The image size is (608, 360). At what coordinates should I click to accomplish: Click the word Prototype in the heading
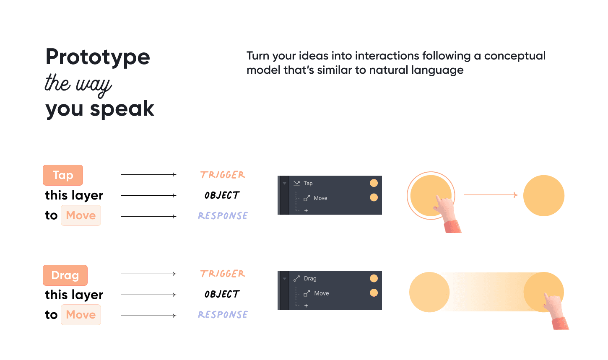(98, 57)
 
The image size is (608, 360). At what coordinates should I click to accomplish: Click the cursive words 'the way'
(78, 84)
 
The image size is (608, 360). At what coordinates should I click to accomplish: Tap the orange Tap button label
(63, 175)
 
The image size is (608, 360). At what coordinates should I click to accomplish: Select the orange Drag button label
(65, 275)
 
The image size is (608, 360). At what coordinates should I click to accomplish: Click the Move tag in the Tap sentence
(81, 215)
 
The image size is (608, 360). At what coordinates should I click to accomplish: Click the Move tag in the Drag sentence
(81, 315)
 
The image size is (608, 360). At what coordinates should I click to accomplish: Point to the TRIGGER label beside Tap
(222, 175)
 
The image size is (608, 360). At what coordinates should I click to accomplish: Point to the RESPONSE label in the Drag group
(223, 315)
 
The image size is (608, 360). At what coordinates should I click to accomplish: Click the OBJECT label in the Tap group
(222, 195)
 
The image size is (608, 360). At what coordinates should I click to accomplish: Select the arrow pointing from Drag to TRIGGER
(148, 274)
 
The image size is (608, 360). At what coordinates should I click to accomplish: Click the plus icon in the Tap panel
(306, 210)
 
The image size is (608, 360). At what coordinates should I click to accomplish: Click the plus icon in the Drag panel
(306, 306)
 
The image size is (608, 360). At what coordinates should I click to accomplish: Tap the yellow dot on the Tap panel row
(374, 183)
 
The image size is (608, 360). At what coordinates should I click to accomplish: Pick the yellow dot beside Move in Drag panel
(374, 293)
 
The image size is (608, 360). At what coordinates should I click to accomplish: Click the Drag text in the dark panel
(310, 278)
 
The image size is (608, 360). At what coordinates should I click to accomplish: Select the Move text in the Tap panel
(320, 198)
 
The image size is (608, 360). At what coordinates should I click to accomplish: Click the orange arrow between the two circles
(490, 195)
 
